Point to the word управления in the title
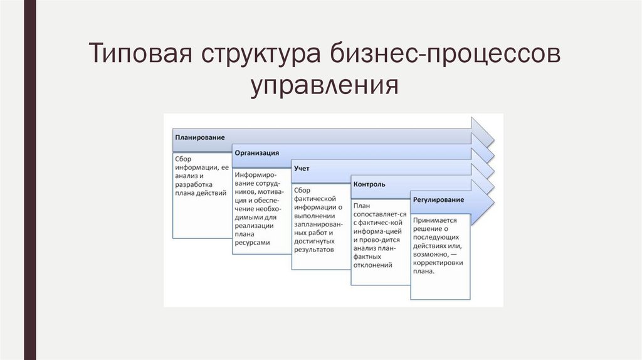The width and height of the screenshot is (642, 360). [325, 86]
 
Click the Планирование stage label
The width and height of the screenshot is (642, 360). [199, 137]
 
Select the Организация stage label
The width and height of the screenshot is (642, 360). [256, 152]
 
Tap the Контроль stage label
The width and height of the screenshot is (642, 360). [369, 184]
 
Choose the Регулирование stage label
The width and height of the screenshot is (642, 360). [438, 200]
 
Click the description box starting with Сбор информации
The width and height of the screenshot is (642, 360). [201, 194]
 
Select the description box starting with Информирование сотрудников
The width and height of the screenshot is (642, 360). [261, 210]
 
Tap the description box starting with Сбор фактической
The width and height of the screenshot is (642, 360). [320, 226]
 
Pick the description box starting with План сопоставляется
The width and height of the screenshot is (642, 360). [380, 241]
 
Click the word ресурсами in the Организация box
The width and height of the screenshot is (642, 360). [253, 242]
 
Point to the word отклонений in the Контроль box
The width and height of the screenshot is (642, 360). [372, 265]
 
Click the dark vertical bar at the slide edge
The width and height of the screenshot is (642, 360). [29, 180]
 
